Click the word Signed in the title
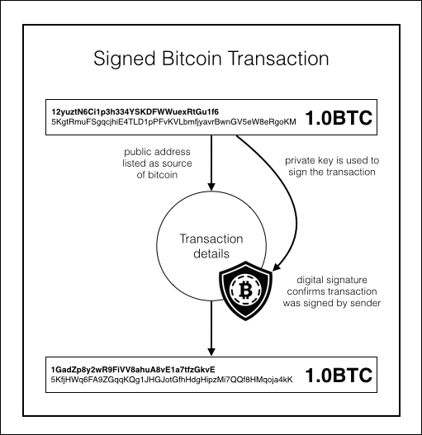[124, 59]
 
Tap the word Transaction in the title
[279, 59]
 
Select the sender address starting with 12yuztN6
[135, 111]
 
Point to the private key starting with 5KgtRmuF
[173, 122]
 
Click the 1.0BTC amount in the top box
[339, 118]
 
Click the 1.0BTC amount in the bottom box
[339, 375]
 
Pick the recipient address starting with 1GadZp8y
[133, 370]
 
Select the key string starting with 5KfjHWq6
[172, 380]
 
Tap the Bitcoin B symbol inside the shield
[246, 291]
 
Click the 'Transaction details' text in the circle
[211, 246]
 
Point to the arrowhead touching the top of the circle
[211, 187]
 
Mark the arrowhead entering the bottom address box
[211, 352]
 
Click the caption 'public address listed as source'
[157, 158]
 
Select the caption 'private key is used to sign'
[332, 166]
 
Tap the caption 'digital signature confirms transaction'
[332, 286]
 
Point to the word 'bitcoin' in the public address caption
[163, 175]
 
